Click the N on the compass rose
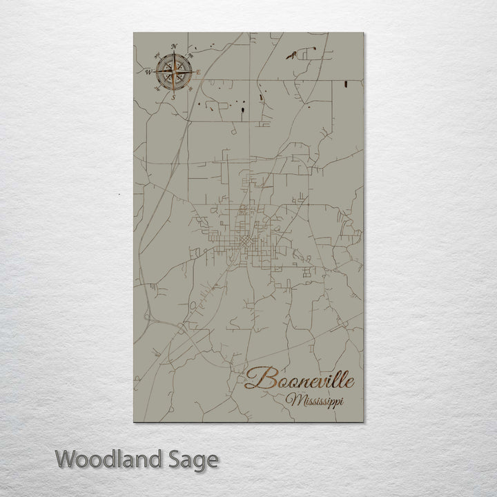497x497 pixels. [x=174, y=46]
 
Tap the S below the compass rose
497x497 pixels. [x=173, y=97]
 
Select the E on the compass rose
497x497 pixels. [x=199, y=72]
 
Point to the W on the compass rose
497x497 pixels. [x=148, y=71]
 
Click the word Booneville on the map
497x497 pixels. [x=301, y=379]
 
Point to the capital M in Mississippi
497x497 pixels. [x=296, y=399]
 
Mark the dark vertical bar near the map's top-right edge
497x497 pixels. [x=344, y=84]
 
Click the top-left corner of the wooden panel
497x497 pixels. [x=133, y=32]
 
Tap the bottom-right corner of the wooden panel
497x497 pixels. [x=362, y=422]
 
